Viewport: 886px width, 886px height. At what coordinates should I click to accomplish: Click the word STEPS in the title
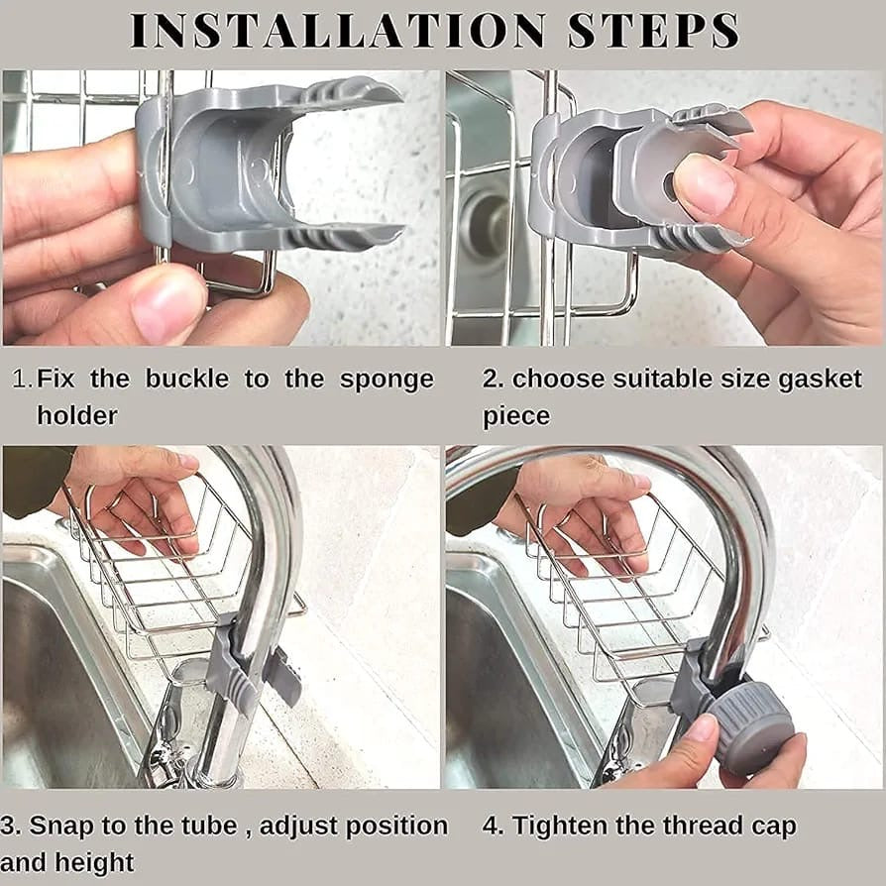tap(654, 31)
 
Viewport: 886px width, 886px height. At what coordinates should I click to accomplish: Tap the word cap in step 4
tap(773, 826)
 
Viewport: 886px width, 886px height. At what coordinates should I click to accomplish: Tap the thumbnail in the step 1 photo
tap(168, 306)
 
